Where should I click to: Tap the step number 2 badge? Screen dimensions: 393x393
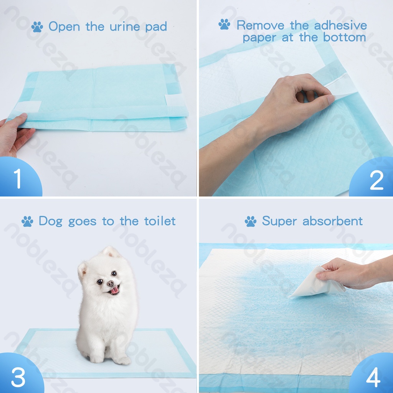coord(376,180)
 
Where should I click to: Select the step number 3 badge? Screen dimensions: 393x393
coord(17,377)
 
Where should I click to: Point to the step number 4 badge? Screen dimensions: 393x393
coord(373,377)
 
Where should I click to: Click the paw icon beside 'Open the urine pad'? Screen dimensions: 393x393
coord(37,27)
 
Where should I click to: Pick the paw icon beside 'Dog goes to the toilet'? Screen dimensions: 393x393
coord(27,221)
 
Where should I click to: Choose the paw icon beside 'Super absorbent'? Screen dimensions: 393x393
coord(251,221)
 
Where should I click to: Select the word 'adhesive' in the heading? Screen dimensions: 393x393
coord(340,26)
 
